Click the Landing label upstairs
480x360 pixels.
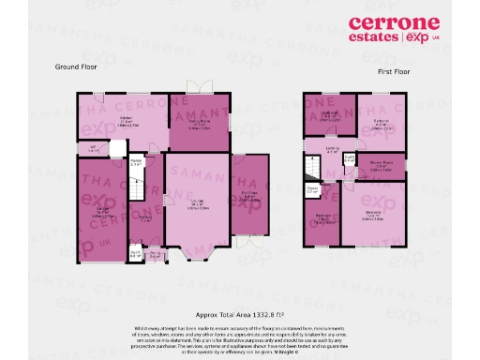point(332,148)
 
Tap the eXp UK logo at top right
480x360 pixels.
point(423,39)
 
